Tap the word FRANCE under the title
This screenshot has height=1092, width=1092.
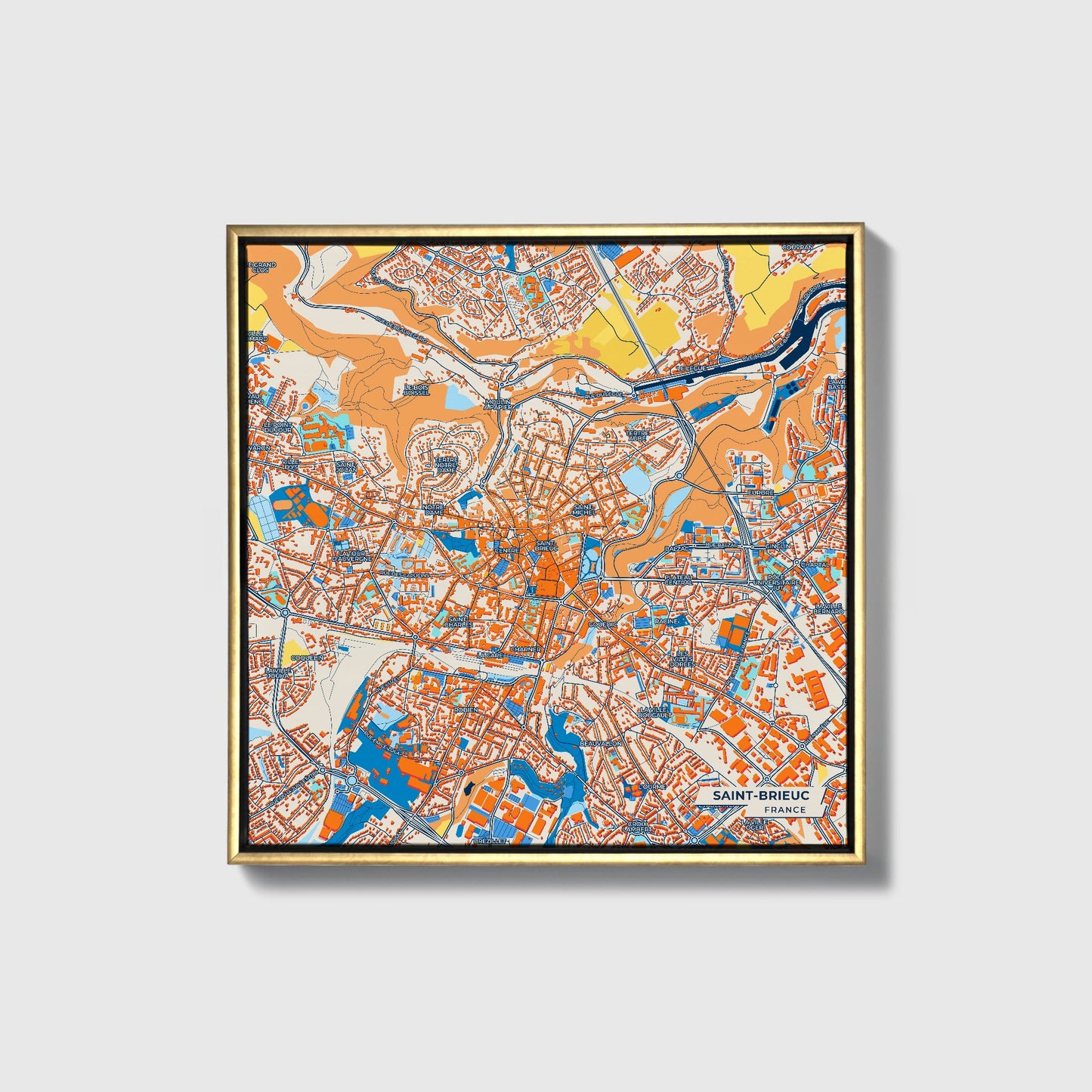(784, 810)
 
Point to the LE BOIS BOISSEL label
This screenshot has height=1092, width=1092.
(416, 390)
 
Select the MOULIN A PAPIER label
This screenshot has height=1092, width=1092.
(498, 404)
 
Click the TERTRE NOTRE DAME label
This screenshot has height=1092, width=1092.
(446, 465)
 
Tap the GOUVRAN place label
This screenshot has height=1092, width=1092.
(797, 247)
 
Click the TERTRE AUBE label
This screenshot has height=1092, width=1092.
(637, 435)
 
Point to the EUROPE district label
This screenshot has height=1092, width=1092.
(760, 492)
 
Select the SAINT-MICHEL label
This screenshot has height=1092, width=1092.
(585, 509)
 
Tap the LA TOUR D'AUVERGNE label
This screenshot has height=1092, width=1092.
(354, 555)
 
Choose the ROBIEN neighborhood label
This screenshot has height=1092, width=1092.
(466, 710)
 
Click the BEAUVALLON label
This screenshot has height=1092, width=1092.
(600, 744)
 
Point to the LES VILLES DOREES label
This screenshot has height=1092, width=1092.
(682, 658)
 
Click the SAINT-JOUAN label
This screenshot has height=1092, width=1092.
(346, 467)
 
